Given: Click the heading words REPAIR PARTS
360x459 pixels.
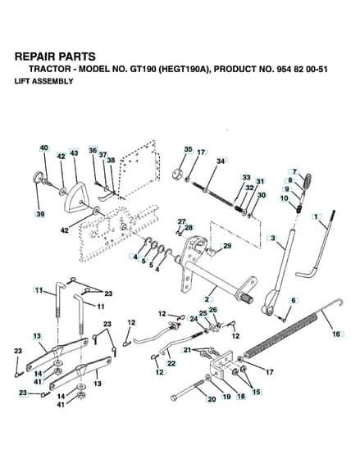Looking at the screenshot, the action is [55, 57].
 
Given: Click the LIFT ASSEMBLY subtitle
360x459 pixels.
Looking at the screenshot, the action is [44, 81].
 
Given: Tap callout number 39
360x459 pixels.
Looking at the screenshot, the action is [40, 214].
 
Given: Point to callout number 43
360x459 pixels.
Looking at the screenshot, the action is [74, 152].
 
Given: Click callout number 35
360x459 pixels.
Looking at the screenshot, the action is [189, 149].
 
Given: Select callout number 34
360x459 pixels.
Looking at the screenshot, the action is [221, 161].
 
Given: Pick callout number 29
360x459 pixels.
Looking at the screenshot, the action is [227, 246].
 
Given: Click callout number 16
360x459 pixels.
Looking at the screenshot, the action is [336, 334].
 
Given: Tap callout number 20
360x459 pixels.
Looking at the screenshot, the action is [212, 399].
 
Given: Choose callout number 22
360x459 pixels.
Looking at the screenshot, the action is [171, 363].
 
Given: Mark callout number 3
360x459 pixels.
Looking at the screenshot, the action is [273, 238].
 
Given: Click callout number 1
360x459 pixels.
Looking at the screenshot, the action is [316, 216].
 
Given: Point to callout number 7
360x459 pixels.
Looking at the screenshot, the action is [294, 171].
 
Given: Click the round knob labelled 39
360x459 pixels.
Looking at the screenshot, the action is [38, 177].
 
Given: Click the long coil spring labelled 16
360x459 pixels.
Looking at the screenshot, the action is [281, 334].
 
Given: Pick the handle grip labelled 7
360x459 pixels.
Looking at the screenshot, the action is [307, 181].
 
